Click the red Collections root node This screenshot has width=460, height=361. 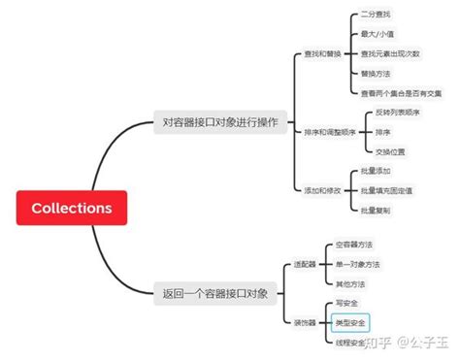[x=72, y=208]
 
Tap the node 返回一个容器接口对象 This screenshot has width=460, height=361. [x=214, y=292]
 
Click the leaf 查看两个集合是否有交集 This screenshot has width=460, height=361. [x=401, y=93]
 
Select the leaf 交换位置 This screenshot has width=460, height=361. [x=389, y=150]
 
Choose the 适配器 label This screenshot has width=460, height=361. [x=305, y=264]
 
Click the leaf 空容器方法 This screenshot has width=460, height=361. [x=355, y=246]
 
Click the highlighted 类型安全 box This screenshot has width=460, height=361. [x=350, y=321]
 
